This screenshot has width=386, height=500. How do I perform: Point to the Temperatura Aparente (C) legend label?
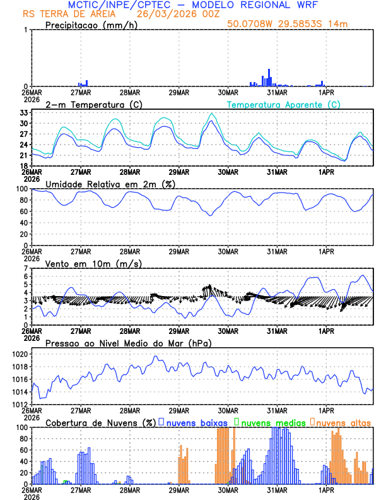(x=284, y=104)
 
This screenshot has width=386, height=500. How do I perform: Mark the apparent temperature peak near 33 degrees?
(x=212, y=114)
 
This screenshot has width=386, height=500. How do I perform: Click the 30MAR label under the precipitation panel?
(x=228, y=92)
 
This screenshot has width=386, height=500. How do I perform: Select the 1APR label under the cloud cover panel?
(x=326, y=489)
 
